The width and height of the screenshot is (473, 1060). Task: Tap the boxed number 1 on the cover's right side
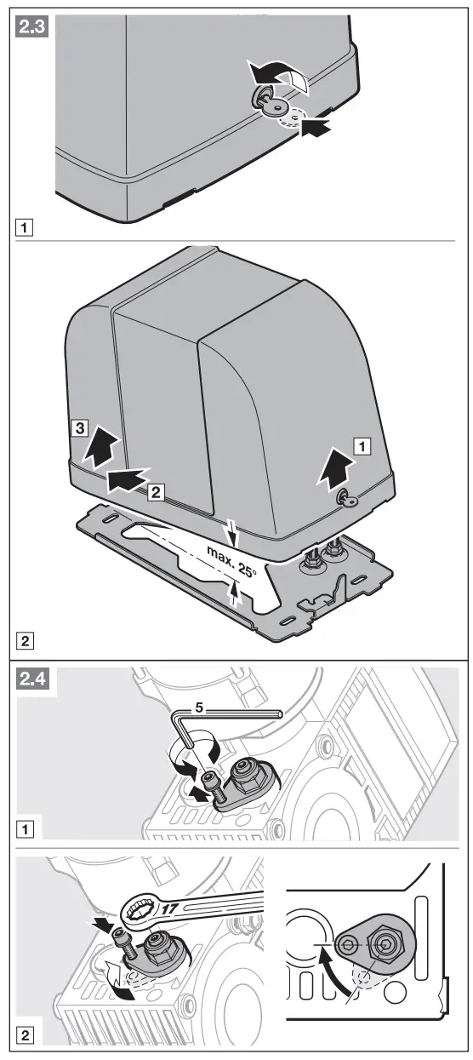(x=362, y=444)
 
